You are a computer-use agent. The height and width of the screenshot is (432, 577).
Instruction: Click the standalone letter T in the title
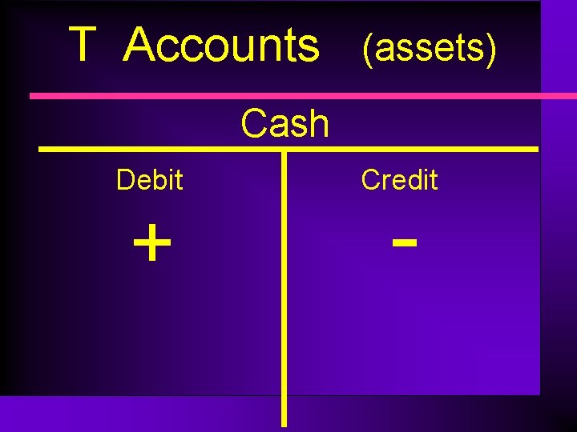pyautogui.click(x=83, y=45)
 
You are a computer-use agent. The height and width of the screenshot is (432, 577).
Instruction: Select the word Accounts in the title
pyautogui.click(x=222, y=46)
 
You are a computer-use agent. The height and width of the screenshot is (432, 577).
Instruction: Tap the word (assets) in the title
pyautogui.click(x=430, y=50)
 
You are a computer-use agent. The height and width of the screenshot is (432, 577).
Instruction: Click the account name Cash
pyautogui.click(x=285, y=124)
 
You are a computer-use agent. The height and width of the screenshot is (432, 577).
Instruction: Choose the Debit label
pyautogui.click(x=149, y=180)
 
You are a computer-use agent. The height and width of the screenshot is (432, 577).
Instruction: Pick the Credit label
pyautogui.click(x=399, y=180)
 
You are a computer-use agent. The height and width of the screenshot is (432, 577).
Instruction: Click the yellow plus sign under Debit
pyautogui.click(x=152, y=243)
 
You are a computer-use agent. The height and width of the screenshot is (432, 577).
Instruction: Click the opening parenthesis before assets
pyautogui.click(x=367, y=50)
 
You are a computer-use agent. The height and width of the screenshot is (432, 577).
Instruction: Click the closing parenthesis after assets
pyautogui.click(x=491, y=50)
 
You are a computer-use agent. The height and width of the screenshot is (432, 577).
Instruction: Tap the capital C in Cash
pyautogui.click(x=255, y=124)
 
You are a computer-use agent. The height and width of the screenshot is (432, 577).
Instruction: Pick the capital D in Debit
pyautogui.click(x=124, y=180)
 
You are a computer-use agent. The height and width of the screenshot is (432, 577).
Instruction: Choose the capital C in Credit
pyautogui.click(x=370, y=180)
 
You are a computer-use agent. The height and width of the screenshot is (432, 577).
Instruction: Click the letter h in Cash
pyautogui.click(x=318, y=124)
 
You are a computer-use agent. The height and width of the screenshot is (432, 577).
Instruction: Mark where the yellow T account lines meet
pyautogui.click(x=284, y=149)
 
